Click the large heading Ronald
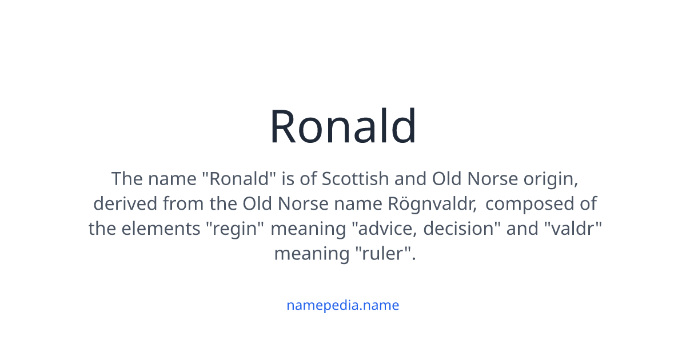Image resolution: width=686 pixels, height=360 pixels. click(x=343, y=126)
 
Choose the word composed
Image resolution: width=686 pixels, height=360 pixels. click(x=543, y=204)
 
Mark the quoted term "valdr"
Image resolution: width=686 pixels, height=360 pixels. click(x=573, y=229)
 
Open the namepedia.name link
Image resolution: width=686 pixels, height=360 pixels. click(x=343, y=305)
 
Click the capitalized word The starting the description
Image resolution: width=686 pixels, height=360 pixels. click(x=127, y=179)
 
